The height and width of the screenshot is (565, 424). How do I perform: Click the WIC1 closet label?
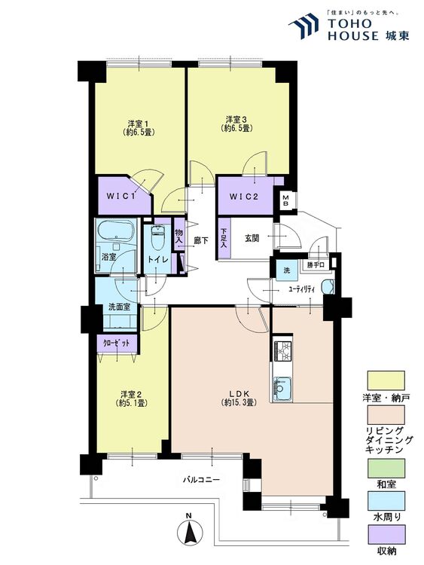pos(120,197)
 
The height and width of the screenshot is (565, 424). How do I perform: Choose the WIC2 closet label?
pos(244,197)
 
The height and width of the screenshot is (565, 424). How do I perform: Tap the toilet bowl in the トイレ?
pos(157,237)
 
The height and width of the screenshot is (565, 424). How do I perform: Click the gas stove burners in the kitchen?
pos(282,351)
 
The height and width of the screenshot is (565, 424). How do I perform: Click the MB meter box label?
pos(285,200)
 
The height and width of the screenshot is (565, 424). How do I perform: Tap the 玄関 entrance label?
pos(252,238)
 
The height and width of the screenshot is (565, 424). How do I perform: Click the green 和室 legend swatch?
pos(386,468)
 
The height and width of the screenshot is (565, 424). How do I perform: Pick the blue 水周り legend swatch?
pos(386,501)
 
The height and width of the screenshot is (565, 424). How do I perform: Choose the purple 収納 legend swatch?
pos(386,534)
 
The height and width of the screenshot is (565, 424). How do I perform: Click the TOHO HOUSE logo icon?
pos(304,25)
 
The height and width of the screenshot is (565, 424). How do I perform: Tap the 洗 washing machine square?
pos(287,270)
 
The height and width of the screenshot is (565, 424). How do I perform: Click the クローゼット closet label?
pos(116,344)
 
